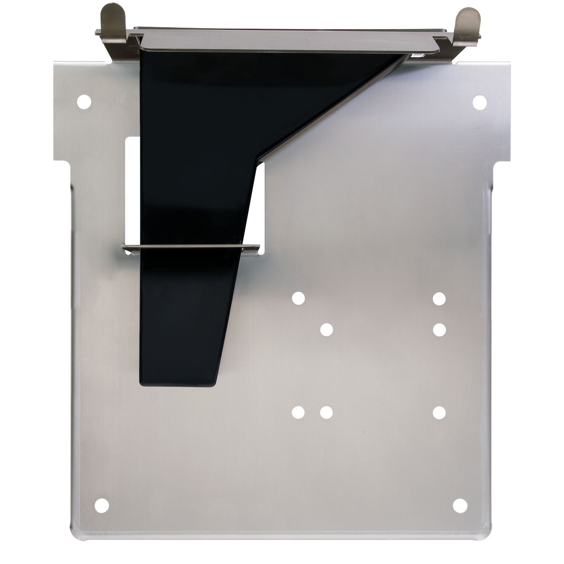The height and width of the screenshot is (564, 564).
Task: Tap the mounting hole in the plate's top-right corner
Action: [x=479, y=102]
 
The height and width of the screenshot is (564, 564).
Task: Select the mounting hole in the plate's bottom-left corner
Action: [x=102, y=505]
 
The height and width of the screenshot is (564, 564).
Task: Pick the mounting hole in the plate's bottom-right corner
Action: [x=460, y=505]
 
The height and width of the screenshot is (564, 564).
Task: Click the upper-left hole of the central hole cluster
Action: [x=298, y=298]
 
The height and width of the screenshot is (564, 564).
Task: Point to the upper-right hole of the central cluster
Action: [x=439, y=298]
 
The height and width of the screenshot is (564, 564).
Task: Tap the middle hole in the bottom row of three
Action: [x=326, y=413]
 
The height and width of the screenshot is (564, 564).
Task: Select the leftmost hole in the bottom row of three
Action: [x=298, y=413]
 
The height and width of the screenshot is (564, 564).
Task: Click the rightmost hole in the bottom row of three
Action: [x=439, y=413]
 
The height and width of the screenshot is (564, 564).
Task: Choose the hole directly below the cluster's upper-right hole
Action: [x=439, y=329]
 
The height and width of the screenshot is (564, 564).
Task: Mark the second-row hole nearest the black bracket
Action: [x=327, y=329]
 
